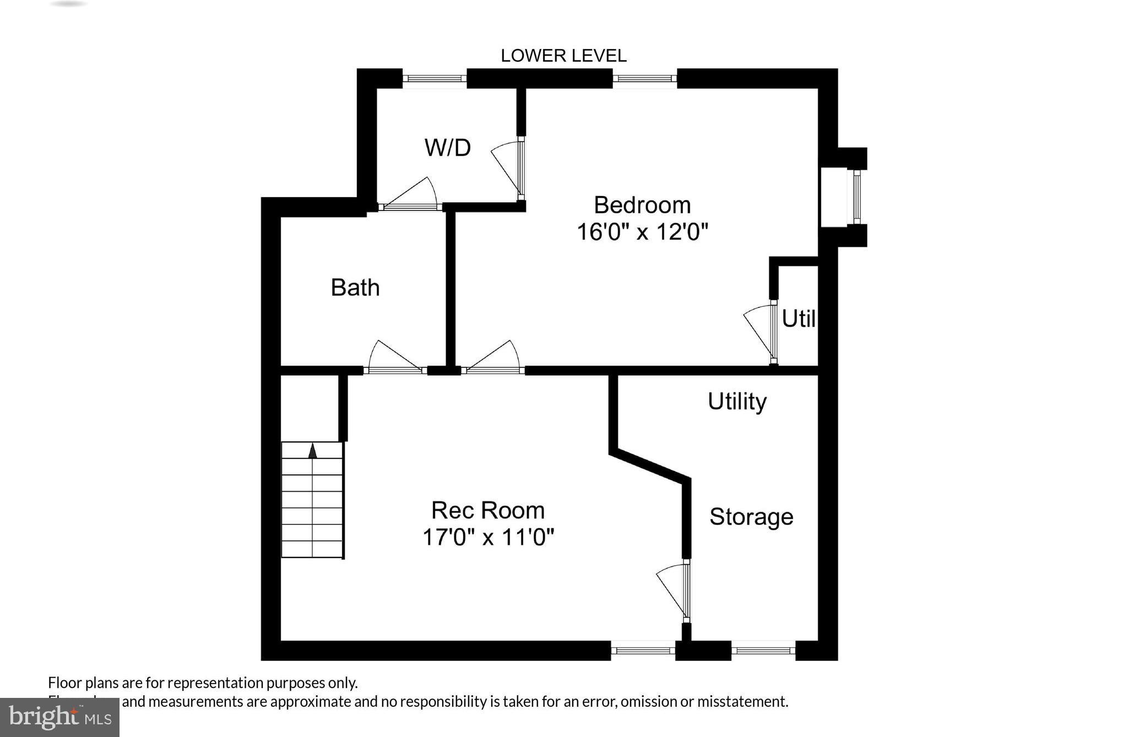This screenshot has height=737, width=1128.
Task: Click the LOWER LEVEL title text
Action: (x=563, y=56)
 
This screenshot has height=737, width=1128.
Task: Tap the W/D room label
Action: (x=447, y=148)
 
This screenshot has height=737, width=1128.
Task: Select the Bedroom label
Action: (x=642, y=205)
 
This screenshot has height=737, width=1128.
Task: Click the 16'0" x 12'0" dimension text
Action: (x=642, y=232)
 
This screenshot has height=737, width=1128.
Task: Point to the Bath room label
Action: (x=355, y=288)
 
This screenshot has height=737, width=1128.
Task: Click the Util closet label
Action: (x=798, y=318)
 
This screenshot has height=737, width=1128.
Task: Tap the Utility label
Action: (x=737, y=401)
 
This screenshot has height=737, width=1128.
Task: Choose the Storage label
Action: (x=751, y=517)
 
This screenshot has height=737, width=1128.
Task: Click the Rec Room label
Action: (x=487, y=510)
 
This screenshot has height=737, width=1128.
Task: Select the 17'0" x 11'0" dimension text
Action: (x=487, y=537)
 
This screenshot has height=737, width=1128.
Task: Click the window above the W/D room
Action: (x=435, y=79)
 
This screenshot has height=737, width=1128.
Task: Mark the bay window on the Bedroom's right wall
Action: (x=856, y=197)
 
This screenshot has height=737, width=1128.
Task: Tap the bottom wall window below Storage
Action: (x=763, y=651)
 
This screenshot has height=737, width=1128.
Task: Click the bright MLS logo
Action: (x=59, y=717)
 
